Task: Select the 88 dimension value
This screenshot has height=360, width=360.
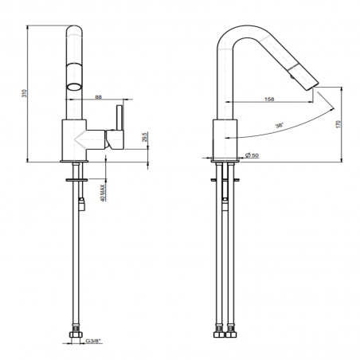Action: [98, 97]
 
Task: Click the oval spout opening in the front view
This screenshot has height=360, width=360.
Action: [75, 86]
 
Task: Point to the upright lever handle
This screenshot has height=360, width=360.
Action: [120, 126]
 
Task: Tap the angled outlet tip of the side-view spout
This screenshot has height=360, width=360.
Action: [311, 81]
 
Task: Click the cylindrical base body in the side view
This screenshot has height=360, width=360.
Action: [226, 139]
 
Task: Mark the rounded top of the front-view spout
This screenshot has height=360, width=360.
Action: [74, 30]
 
